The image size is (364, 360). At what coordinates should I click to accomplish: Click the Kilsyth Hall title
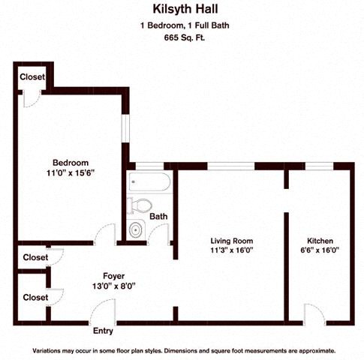coord(185,9)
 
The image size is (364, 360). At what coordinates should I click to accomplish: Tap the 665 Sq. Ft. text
coord(185,37)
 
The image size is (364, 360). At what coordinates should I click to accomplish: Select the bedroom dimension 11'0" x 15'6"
coord(71,173)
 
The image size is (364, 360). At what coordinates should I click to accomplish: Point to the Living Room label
coord(232,241)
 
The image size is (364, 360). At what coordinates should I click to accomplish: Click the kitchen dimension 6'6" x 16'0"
coord(320,250)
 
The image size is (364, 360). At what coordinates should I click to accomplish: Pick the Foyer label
coord(114,276)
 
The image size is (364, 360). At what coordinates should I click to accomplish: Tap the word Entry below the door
coord(103,331)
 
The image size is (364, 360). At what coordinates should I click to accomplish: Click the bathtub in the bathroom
coord(149,181)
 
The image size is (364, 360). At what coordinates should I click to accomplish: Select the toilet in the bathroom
coord(139,205)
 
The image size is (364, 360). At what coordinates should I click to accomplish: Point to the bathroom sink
coord(137,229)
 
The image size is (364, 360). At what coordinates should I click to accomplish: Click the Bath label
coord(158,216)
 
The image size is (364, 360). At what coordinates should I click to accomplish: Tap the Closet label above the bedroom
coord(32,76)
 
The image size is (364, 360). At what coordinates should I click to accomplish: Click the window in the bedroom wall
coord(125,129)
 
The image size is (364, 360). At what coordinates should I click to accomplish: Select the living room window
coord(231,166)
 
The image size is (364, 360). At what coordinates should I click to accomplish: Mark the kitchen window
coord(320,166)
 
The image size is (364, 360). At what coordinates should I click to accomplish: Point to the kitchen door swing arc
coord(319,309)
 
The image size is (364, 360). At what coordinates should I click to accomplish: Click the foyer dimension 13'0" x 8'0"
coord(114,286)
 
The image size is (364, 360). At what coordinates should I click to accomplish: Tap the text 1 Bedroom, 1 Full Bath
coord(185,25)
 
